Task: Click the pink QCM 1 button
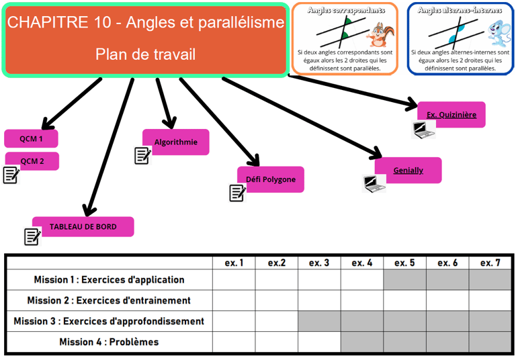coord(31,139)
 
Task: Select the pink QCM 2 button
coord(32,161)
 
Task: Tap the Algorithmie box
coord(176,142)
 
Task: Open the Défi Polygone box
coord(271,179)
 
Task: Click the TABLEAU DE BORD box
coord(83,227)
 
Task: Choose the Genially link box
coord(408,171)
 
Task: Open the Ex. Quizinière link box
coord(451,115)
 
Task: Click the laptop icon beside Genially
coord(374,183)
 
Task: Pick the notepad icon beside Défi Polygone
coord(237,193)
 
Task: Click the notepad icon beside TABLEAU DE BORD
coord(32,236)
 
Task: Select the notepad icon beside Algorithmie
coord(142,156)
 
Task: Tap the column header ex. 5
coord(404,263)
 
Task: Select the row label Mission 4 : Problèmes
coord(109,342)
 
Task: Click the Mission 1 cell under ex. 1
coord(234,280)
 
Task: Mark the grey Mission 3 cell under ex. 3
coord(319,321)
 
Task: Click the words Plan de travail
coord(146,54)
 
